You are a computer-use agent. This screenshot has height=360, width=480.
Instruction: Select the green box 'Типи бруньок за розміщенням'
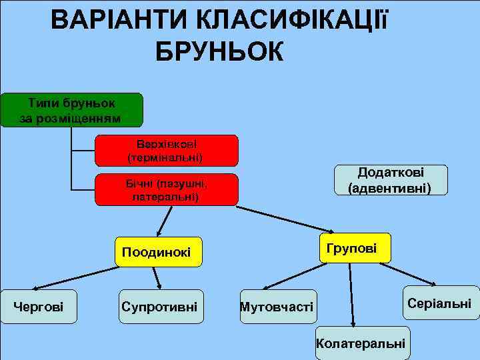[71, 110]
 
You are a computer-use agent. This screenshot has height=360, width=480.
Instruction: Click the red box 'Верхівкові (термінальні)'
[167, 151]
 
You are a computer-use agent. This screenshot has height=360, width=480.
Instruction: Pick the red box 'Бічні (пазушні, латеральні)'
[167, 190]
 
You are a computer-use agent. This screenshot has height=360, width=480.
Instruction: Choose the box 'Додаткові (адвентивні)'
[391, 180]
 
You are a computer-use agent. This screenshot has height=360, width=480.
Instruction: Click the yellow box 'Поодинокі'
[157, 252]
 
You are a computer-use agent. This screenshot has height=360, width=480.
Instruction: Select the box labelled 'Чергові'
[39, 307]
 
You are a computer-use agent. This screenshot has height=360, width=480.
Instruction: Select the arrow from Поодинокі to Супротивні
[157, 278]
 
